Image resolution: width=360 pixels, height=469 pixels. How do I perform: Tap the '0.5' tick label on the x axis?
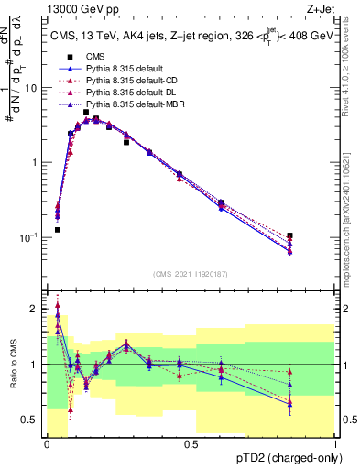coord(191,444)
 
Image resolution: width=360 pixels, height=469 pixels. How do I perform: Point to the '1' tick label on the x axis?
coord(335,444)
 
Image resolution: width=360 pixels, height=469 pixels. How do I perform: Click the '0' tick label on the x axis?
coord(47,444)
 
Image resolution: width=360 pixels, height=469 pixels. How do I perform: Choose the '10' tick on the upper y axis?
coord(32,89)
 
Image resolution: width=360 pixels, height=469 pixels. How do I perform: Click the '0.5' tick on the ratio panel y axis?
coord(31,420)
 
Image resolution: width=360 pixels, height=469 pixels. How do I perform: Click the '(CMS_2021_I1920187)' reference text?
coord(190,273)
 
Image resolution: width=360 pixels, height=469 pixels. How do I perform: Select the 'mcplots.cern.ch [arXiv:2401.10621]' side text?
coord(352,206)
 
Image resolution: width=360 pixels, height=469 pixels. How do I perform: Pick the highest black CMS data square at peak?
coord(85,112)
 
